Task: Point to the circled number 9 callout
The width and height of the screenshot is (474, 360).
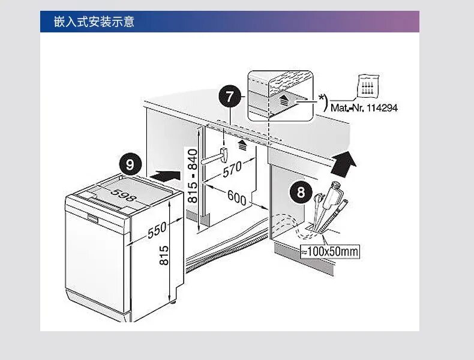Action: point(131,164)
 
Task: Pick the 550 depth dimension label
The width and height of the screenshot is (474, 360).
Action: point(157,230)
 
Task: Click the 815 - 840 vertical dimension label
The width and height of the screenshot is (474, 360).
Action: point(193,175)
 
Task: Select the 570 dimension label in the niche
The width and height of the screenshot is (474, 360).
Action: point(232,169)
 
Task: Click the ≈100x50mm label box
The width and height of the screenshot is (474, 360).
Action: point(330,251)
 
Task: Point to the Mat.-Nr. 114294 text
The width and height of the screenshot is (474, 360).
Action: point(364,109)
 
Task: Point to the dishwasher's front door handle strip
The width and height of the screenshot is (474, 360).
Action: point(97,215)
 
